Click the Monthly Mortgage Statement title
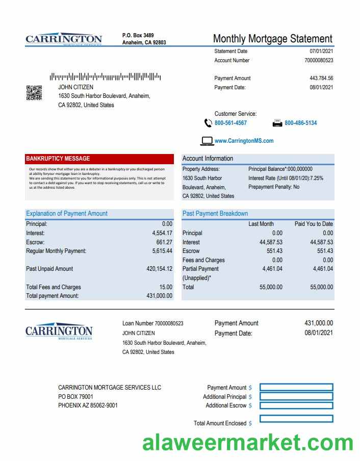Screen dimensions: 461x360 [272, 39]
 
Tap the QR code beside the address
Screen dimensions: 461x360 [34, 93]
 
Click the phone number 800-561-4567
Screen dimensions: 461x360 [230, 123]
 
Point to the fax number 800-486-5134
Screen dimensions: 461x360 [300, 123]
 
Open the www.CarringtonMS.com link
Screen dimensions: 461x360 [244, 141]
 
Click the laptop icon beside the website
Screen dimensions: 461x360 [207, 141]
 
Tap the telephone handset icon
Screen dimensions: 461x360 [208, 123]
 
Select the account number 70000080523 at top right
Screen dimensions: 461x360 [319, 60]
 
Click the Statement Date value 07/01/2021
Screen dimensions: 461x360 [321, 51]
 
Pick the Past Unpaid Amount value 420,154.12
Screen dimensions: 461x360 [159, 269]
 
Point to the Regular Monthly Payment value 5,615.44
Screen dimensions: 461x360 [162, 251]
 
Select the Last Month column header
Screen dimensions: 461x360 [261, 224]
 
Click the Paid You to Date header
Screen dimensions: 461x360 [314, 224]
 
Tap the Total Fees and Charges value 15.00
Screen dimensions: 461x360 [166, 287]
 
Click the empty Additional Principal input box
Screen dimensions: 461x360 [296, 396]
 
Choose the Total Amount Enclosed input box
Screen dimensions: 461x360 [296, 419]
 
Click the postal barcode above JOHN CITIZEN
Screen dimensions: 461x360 [105, 77]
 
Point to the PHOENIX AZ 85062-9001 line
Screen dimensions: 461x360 [88, 405]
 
